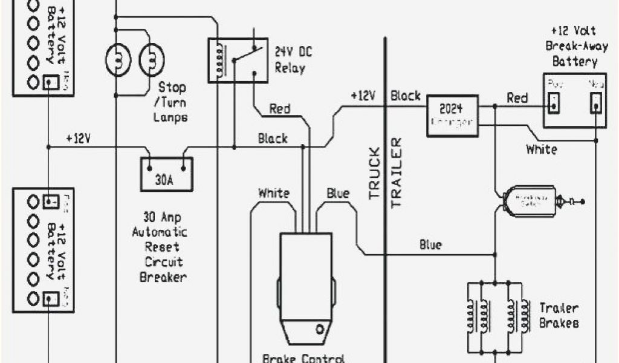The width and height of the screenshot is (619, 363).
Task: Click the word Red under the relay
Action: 279,109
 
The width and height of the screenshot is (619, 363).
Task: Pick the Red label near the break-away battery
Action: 517,97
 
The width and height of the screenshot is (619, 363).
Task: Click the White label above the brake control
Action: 273,194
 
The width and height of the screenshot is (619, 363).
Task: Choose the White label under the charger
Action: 542,149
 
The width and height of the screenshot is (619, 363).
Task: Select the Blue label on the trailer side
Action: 430,245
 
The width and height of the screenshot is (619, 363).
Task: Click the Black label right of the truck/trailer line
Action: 406,96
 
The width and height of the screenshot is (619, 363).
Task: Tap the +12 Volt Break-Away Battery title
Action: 571,45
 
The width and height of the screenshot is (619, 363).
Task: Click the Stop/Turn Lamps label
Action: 172,102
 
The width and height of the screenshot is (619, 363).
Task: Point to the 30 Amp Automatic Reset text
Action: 165,240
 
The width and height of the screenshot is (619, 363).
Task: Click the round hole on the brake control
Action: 319,330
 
